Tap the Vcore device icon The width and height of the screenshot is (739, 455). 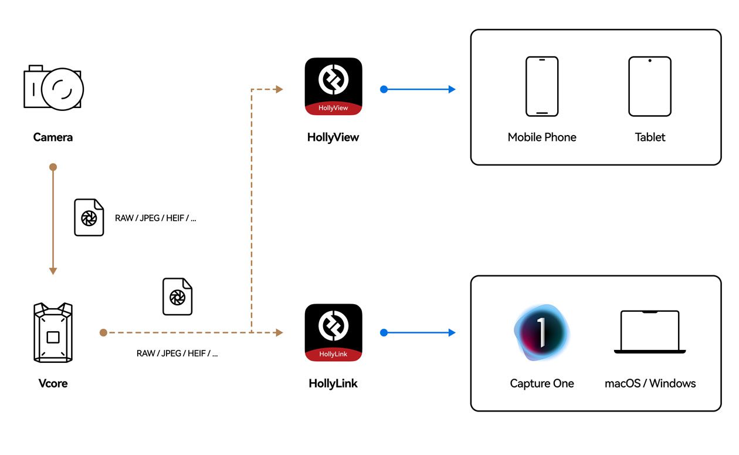53,332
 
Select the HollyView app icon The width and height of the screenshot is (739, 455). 333,86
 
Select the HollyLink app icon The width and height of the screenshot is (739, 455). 333,332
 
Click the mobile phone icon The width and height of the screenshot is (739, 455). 542,86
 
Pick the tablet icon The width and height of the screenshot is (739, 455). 650,86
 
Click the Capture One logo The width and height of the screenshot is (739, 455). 541,332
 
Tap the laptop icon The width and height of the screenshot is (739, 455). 650,332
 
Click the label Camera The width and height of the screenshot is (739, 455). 53,137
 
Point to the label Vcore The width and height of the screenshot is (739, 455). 53,383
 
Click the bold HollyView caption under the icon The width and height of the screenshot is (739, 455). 333,137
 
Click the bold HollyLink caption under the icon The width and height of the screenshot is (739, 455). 333,383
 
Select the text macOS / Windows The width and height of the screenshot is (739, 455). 650,383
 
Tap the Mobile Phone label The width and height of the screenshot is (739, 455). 542,137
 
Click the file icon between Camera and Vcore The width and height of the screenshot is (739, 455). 89,217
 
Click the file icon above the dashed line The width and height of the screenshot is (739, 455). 177,296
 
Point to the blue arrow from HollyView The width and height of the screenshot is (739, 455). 419,89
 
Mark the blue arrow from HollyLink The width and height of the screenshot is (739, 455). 419,332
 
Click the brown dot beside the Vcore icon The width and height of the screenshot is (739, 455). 103,332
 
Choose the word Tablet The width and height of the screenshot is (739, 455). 650,137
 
